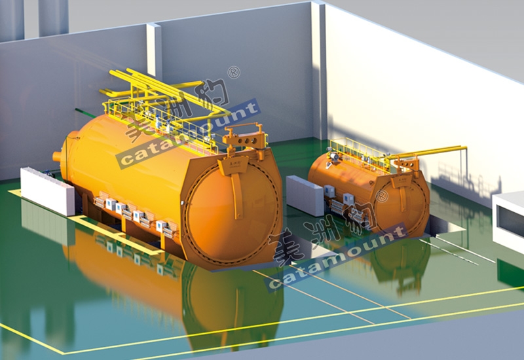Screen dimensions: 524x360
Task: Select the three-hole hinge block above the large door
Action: click(x=246, y=139)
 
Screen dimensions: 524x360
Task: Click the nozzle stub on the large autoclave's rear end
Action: click(x=57, y=156)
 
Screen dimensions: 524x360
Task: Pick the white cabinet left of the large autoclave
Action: click(x=47, y=191)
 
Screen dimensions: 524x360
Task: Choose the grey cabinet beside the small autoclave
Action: click(x=305, y=195)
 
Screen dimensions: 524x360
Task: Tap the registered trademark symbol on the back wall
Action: click(x=234, y=73)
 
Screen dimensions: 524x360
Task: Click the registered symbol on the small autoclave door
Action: click(x=382, y=196)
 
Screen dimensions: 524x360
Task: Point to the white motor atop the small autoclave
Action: click(x=334, y=156)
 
